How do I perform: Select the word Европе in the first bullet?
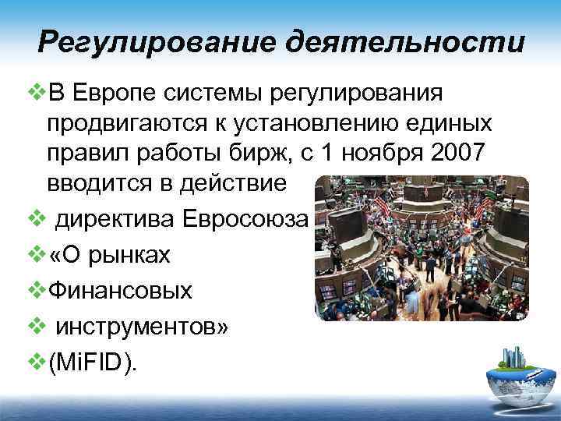pyautogui.click(x=115, y=93)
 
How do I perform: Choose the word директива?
pyautogui.click(x=115, y=219)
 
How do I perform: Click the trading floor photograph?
pyautogui.click(x=422, y=248)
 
